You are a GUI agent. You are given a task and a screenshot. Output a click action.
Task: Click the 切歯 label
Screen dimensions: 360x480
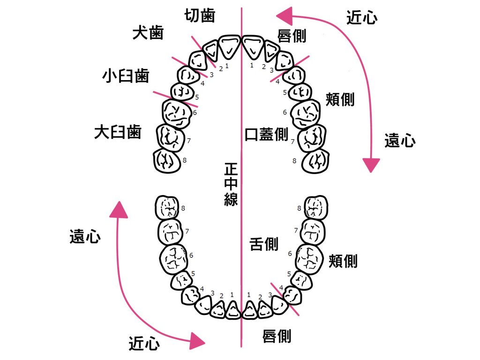pos(200,15)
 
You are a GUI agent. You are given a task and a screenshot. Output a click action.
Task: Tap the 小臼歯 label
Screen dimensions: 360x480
pos(126,75)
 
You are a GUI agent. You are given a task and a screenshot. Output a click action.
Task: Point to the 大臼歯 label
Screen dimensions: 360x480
pos(118,132)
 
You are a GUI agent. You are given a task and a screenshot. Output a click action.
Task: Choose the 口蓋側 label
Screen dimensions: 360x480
pos(266,134)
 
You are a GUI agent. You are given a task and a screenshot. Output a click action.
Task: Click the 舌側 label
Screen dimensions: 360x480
pos(264,244)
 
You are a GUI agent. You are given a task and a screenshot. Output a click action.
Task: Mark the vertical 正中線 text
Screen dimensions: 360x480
pos(231,184)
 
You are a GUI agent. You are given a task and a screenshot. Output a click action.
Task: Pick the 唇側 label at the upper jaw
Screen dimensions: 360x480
pos(292,36)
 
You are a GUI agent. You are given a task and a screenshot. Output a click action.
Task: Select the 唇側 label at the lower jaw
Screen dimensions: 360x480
pos(277,336)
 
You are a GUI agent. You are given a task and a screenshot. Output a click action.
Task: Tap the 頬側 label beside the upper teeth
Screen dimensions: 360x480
pos(340,99)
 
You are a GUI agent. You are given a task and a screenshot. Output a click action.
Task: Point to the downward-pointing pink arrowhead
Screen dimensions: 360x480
pos(372,165)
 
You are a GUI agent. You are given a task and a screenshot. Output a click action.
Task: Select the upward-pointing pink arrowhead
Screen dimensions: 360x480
pos(119,210)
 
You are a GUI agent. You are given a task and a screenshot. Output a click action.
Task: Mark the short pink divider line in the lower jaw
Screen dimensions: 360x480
pos(285,299)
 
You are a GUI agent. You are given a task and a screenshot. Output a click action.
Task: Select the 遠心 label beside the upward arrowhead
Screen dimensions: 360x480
pos(85,237)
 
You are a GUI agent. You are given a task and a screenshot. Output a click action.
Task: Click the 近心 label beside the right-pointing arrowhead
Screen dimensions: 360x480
pos(144,344)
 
